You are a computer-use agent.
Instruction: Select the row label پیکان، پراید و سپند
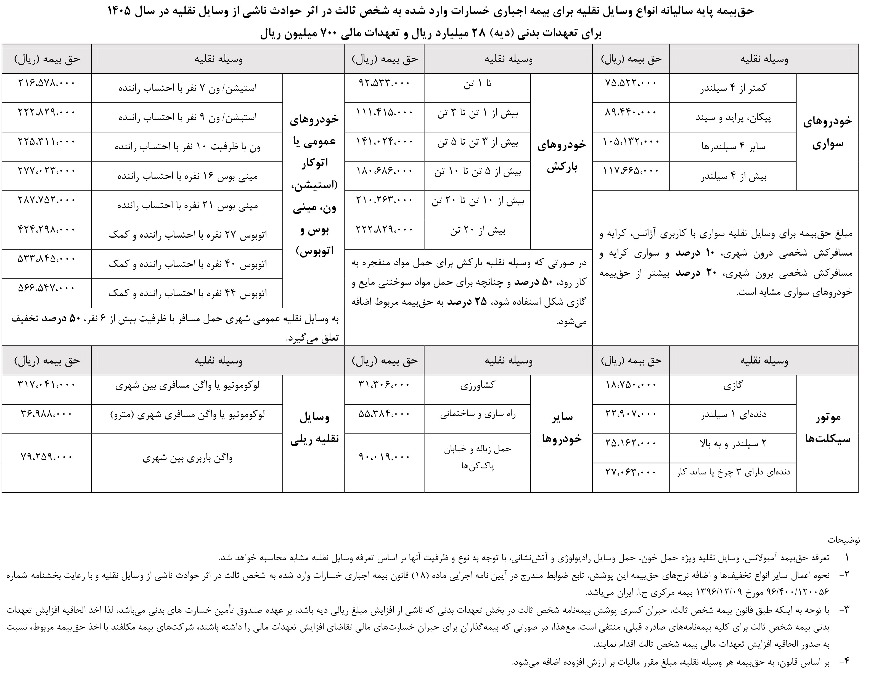click(x=733, y=118)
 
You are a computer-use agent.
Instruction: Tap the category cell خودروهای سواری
click(x=827, y=132)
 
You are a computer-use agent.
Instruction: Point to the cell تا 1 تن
click(x=477, y=84)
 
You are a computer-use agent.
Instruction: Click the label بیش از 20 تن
click(x=477, y=230)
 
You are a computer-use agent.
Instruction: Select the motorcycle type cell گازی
click(x=733, y=386)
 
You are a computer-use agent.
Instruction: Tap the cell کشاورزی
click(x=477, y=386)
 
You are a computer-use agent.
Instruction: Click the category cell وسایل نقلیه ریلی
click(x=314, y=428)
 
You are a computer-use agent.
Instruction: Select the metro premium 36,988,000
click(x=47, y=414)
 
